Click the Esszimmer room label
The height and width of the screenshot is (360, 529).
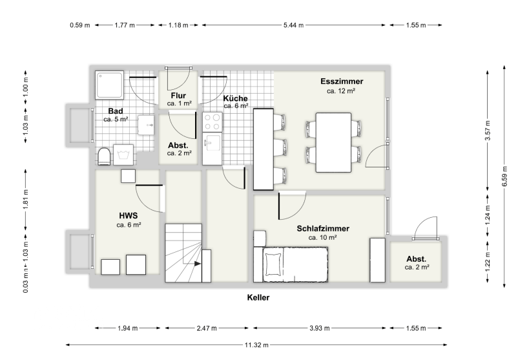(x=342, y=81)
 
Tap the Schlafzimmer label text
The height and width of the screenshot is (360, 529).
(x=323, y=229)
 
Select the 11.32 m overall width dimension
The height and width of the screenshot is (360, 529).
(x=256, y=344)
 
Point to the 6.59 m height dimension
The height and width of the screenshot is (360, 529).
(x=504, y=176)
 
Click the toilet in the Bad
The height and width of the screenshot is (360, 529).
(x=104, y=156)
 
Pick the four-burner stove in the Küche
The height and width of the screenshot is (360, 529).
(x=213, y=122)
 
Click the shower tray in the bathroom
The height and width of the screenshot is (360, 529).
(x=109, y=85)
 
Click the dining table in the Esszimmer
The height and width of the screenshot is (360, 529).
(x=333, y=143)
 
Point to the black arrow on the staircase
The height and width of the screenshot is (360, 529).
(x=198, y=264)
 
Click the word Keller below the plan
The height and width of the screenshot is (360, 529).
(x=258, y=297)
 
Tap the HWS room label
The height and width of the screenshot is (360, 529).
(x=128, y=215)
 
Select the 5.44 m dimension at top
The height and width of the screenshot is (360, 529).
(x=293, y=25)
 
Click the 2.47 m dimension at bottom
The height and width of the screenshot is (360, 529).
(x=207, y=328)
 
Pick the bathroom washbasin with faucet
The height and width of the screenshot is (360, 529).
(x=146, y=125)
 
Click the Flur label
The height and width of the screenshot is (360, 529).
(x=178, y=96)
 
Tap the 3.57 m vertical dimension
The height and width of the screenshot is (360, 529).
(x=488, y=131)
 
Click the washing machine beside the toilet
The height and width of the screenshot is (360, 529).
(x=123, y=154)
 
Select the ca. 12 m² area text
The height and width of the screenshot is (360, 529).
(x=341, y=91)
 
